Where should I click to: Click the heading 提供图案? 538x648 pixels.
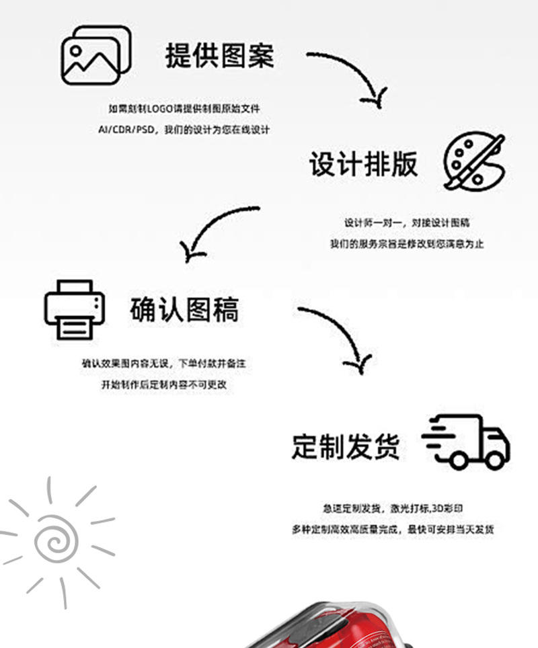click(x=220, y=56)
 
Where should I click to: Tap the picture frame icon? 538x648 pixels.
click(x=95, y=55)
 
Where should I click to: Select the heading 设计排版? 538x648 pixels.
click(x=363, y=164)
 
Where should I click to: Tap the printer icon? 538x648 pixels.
click(x=75, y=310)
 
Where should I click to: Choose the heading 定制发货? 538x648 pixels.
click(x=346, y=446)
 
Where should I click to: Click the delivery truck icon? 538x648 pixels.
click(x=466, y=442)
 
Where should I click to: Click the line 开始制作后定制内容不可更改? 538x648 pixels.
click(x=164, y=385)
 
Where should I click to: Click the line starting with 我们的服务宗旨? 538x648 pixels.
click(x=407, y=244)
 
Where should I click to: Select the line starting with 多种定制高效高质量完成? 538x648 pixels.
click(x=393, y=530)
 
